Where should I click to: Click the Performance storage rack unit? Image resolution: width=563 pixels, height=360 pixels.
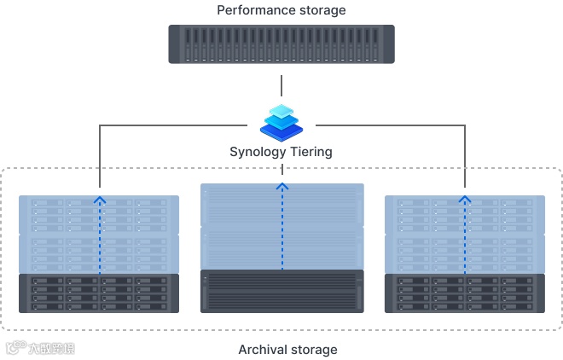click(281, 44)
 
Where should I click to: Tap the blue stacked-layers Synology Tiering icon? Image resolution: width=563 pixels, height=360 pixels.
click(281, 123)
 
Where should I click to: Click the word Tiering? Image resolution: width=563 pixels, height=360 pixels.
click(311, 152)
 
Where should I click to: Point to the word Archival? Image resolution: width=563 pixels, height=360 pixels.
click(264, 350)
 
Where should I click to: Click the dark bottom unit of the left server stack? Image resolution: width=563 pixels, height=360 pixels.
click(99, 293)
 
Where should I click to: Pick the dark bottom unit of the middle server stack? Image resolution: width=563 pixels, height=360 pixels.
click(281, 291)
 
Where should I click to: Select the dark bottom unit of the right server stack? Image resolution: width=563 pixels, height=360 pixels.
click(464, 293)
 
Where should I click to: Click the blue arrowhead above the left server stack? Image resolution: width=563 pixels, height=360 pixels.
click(100, 200)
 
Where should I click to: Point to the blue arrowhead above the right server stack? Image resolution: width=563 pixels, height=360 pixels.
click(465, 200)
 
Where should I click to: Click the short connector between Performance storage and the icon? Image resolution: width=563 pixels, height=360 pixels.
click(281, 85)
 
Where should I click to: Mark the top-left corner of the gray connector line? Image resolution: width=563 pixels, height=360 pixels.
click(100, 126)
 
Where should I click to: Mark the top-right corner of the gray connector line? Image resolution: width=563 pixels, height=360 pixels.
click(465, 126)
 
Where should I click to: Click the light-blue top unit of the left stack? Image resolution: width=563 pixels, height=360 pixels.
click(99, 215)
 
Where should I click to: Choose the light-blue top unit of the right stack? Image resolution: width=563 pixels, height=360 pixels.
click(464, 215)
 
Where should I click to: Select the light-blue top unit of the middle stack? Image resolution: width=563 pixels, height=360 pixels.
click(281, 206)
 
